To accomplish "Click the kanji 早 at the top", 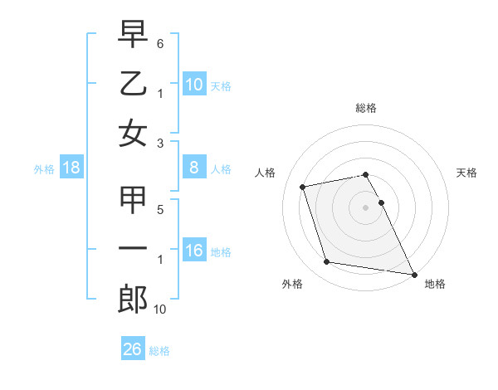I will pos(133,34).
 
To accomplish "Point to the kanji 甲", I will pos(133,201).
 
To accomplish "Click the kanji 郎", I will pos(133,300).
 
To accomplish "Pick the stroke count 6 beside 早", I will pos(160,42).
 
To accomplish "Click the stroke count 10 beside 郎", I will pos(160,309).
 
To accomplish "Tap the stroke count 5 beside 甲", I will pos(160,210).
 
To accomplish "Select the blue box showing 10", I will pos(193,85).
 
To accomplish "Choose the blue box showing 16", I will pos(193,251).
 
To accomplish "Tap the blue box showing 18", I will pos(71,168).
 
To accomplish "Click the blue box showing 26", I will pos(133,349).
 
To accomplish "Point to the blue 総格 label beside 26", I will pos(159,351).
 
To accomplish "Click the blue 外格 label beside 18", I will pos(44,169).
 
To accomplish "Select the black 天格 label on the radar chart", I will pos(466,173).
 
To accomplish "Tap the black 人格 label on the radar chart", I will pos(266,173).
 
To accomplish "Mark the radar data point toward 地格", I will pos(413,274).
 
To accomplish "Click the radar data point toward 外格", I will pos(326,262).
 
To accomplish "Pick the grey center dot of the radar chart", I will pos(365,207).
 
